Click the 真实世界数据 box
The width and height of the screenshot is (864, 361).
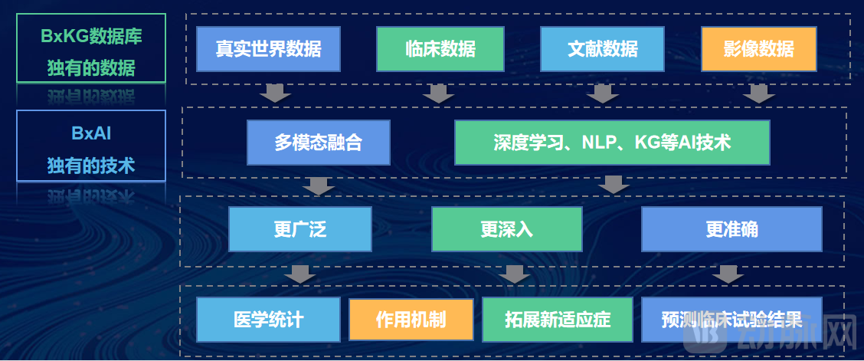pyautogui.click(x=267, y=49)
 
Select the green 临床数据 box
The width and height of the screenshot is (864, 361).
pyautogui.click(x=440, y=49)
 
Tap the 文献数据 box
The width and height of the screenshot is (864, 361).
pyautogui.click(x=602, y=49)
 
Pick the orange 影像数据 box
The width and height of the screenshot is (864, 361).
pyautogui.click(x=758, y=49)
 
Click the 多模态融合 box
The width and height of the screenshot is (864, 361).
pyautogui.click(x=318, y=143)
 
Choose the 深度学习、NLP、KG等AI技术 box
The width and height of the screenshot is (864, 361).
pyautogui.click(x=611, y=143)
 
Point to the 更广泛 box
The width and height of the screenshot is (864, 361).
pyautogui.click(x=299, y=229)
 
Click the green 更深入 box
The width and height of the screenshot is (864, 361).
pyautogui.click(x=506, y=229)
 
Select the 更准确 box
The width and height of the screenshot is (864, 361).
pyautogui.click(x=731, y=229)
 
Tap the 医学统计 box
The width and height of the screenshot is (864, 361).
pyautogui.click(x=268, y=319)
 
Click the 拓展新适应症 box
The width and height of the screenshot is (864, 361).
pyautogui.click(x=558, y=319)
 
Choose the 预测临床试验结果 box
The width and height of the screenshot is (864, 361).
pyautogui.click(x=731, y=319)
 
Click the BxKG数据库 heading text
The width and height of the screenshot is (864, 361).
pyautogui.click(x=91, y=35)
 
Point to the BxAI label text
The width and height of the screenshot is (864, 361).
pyautogui.click(x=91, y=133)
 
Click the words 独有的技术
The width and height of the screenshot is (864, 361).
pyautogui.click(x=91, y=165)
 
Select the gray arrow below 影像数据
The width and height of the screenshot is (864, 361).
pyautogui.click(x=759, y=94)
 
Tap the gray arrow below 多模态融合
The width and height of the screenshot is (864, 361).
pyautogui.click(x=318, y=186)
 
